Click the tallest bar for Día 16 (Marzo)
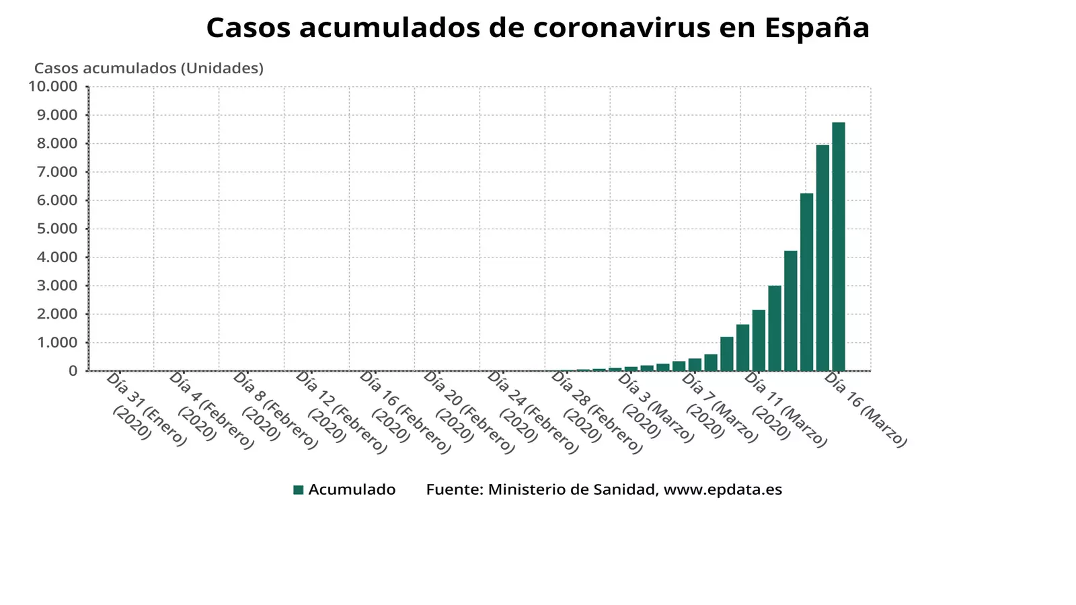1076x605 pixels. tap(839, 246)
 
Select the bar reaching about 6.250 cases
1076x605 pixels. tap(806, 282)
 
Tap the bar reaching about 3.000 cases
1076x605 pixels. tap(775, 328)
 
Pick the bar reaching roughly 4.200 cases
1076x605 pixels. tap(791, 311)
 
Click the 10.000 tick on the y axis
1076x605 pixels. tap(53, 86)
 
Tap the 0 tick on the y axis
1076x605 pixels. tap(73, 370)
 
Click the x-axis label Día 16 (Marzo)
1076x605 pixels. tap(866, 410)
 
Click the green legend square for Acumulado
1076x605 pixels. tap(299, 489)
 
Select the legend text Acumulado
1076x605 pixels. tap(352, 489)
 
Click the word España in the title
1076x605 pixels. tap(816, 28)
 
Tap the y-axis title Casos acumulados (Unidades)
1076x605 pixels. tap(149, 69)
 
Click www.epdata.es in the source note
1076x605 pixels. tap(723, 489)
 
